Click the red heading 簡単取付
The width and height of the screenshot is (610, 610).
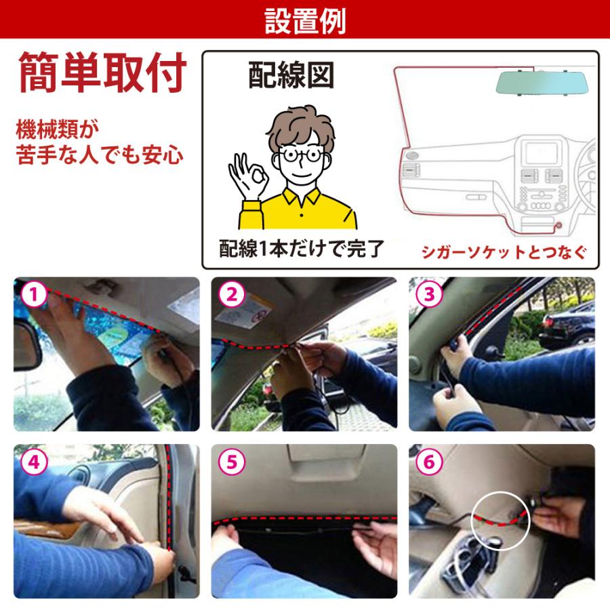point(102,74)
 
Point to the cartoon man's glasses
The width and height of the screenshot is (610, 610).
point(301,155)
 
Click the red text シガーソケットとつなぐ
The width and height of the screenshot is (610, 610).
point(502,251)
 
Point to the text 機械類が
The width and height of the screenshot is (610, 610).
point(58,129)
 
